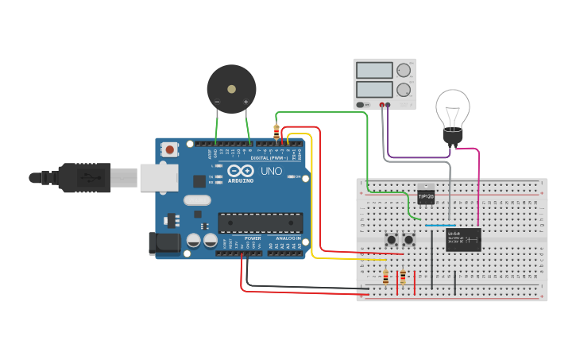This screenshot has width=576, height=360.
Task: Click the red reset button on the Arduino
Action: [x=170, y=149]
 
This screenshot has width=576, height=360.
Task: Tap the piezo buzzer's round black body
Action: [x=231, y=88]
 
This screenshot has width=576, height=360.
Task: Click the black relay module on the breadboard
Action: [x=463, y=239]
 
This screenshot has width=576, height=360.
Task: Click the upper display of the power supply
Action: [x=374, y=71]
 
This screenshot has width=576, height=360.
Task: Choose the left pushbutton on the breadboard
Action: [x=392, y=239]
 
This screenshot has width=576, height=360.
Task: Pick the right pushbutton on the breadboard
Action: [x=409, y=239]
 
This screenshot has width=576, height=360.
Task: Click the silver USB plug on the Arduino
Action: [x=160, y=177]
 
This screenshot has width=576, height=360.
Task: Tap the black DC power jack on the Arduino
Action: [x=164, y=243]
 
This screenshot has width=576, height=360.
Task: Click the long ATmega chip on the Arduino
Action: [x=261, y=223]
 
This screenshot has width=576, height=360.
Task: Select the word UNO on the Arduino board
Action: [x=272, y=172]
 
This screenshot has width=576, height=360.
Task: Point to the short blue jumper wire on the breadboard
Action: [x=435, y=226]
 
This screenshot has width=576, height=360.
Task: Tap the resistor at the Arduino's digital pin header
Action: [x=276, y=131]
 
